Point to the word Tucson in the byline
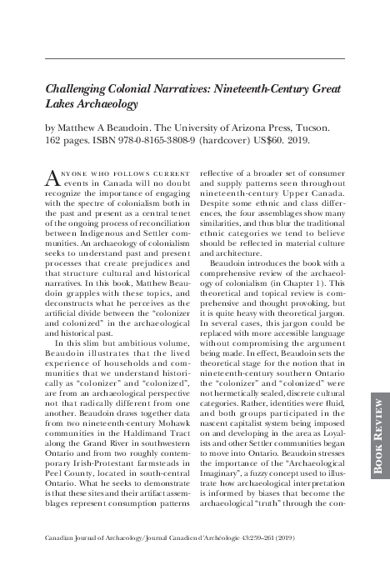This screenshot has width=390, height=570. point(311,129)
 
